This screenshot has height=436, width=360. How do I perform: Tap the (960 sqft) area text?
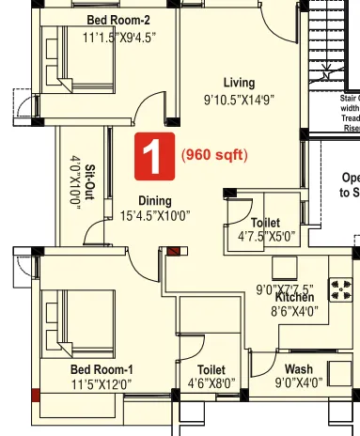click(213, 156)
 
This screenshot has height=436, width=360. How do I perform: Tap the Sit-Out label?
click(89, 183)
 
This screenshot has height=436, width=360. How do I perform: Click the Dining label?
click(155, 200)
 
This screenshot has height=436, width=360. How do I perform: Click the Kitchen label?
click(292, 297)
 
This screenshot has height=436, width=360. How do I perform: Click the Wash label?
click(299, 369)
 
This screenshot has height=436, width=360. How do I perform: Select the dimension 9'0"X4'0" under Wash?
click(298, 382)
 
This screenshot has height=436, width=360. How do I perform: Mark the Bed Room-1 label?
click(102, 369)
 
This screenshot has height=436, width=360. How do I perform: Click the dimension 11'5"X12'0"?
click(101, 383)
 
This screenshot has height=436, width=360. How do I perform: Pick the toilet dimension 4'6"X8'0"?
click(212, 383)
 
